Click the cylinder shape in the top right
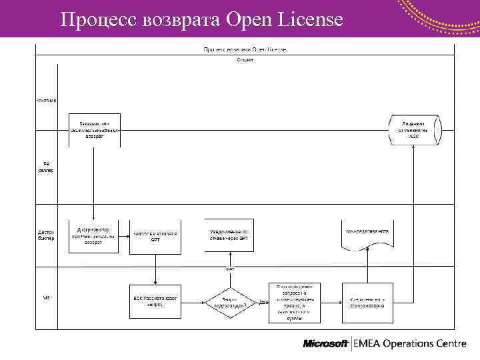point(414,129)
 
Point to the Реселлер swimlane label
point(46,167)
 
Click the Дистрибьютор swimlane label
point(46,235)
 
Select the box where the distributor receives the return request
point(93,235)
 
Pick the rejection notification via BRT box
point(229,235)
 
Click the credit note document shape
point(365,235)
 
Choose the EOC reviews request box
point(155,302)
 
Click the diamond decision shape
point(226,303)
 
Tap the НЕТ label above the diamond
point(229,269)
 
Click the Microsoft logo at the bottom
point(326,344)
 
